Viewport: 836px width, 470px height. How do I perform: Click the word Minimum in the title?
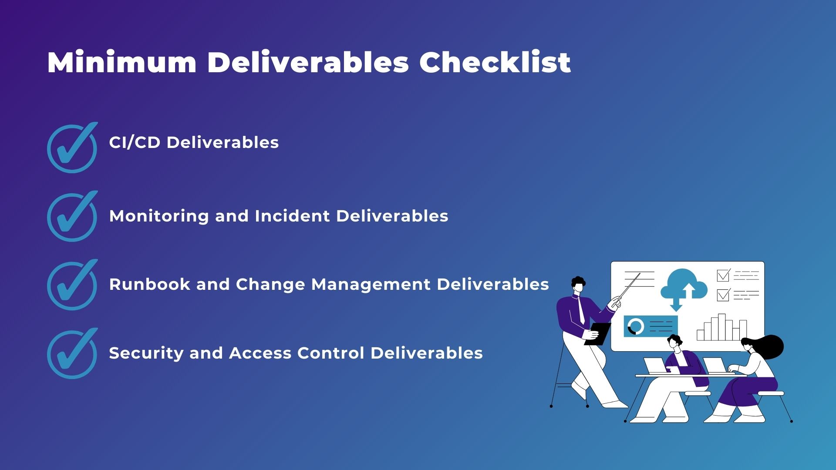tap(122, 62)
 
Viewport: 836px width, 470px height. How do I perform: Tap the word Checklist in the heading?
tap(495, 62)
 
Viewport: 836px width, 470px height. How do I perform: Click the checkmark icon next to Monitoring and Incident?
tap(72, 216)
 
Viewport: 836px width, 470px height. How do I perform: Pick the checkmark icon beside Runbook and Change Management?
tap(72, 285)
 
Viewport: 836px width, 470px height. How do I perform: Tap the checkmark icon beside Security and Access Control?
tap(72, 353)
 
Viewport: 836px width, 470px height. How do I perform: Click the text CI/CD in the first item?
tap(135, 142)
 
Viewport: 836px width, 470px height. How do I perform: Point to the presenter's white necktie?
tap(582, 310)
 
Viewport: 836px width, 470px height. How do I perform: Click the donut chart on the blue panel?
tap(636, 326)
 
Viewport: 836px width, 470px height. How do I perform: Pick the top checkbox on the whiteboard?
tap(723, 275)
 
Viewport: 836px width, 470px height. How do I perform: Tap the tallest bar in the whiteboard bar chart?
tap(721, 327)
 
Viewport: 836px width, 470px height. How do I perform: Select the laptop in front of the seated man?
tap(655, 366)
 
